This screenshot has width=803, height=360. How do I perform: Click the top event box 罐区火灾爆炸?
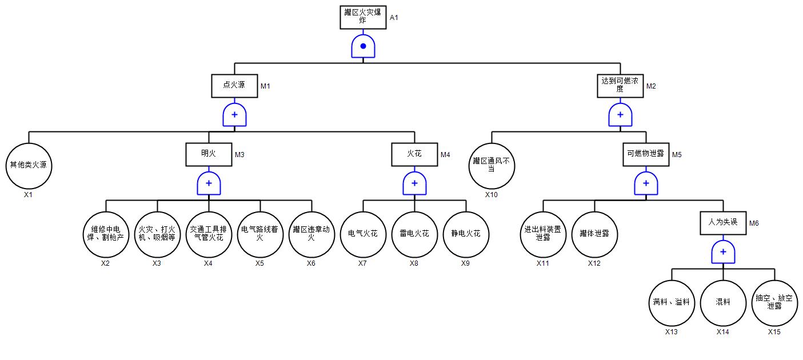363,17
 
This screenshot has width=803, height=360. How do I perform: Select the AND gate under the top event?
363,46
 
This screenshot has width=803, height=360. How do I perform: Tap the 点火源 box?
234,86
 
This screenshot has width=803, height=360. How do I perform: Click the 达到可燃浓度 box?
620,86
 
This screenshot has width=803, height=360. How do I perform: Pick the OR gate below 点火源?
234,115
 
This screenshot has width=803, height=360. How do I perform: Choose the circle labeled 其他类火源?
29,166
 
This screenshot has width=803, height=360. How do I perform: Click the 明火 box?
209,154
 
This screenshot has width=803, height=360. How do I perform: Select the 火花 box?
414,154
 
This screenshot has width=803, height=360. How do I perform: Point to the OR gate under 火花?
414,183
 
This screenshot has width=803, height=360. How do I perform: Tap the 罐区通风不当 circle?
492,166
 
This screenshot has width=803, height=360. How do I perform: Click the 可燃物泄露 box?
646,154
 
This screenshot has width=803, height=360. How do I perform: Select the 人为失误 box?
723,223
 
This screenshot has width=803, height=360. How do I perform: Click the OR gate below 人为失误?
723,251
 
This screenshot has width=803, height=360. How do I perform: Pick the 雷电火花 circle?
414,234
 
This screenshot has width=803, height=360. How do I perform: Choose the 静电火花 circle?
466,234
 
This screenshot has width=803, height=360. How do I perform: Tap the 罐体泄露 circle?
594,234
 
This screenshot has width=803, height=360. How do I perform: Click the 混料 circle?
723,303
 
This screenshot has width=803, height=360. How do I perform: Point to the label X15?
774,331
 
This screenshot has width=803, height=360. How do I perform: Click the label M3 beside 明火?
239,154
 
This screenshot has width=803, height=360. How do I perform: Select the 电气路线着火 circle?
260,234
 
